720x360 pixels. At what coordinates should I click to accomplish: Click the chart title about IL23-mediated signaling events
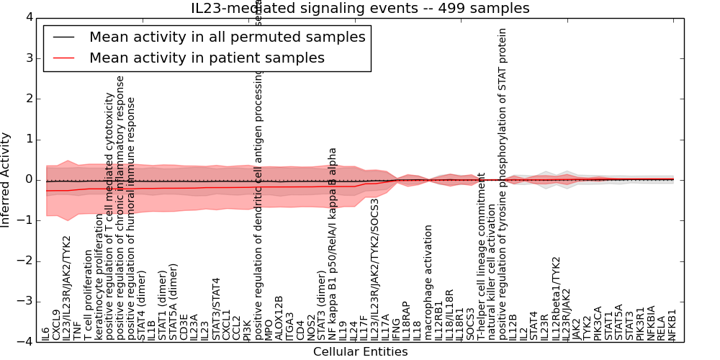[x=360, y=8]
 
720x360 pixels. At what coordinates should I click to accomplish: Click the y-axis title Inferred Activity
[x=6, y=179]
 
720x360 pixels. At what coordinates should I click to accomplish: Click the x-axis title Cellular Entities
[x=360, y=352]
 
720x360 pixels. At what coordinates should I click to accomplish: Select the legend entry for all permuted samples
[x=227, y=37]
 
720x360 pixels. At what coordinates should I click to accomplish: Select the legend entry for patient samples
[x=207, y=58]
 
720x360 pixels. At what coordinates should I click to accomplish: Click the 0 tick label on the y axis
[x=28, y=179]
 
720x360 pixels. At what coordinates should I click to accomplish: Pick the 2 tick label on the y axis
[x=28, y=99]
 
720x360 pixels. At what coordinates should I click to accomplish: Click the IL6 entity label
[x=45, y=333]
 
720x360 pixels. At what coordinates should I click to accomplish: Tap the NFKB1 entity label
[x=672, y=325]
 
